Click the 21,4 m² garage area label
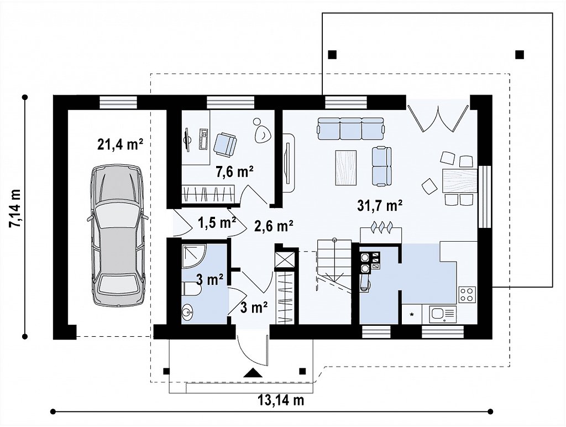click(120, 144)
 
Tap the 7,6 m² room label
click(234, 171)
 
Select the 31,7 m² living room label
click(380, 205)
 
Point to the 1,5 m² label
click(217, 222)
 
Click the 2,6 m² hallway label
click(274, 226)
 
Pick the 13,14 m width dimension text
click(281, 400)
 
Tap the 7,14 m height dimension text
click(15, 208)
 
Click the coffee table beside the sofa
click(346, 168)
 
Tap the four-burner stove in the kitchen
click(467, 294)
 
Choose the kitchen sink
click(442, 314)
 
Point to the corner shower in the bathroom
click(193, 257)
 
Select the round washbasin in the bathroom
click(188, 313)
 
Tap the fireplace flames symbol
click(381, 227)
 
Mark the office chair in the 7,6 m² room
click(226, 144)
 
